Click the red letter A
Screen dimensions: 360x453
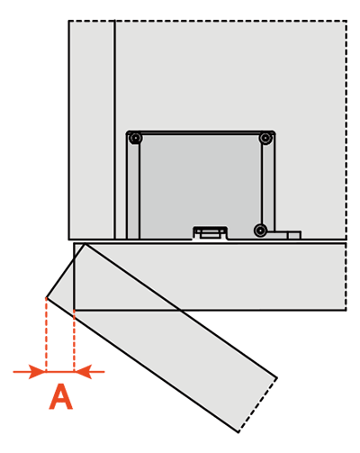[61, 396]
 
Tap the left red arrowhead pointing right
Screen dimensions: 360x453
[37, 372]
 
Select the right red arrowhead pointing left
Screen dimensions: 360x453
[83, 372]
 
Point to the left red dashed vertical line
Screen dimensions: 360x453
[46, 334]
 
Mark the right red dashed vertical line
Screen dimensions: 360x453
[74, 340]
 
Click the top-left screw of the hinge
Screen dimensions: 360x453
[136, 139]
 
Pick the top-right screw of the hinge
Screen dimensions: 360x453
[265, 139]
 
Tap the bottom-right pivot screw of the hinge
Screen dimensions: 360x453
[260, 231]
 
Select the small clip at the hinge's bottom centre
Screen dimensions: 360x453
[210, 232]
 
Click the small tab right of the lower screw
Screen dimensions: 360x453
[284, 235]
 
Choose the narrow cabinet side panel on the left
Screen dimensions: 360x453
[92, 130]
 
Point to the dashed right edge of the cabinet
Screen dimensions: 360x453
[346, 130]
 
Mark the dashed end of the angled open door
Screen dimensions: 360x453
[257, 405]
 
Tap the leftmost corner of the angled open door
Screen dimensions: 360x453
[46, 297]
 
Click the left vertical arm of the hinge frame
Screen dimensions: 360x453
[133, 187]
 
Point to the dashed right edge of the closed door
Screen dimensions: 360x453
[346, 276]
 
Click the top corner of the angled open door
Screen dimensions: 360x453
[85, 244]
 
